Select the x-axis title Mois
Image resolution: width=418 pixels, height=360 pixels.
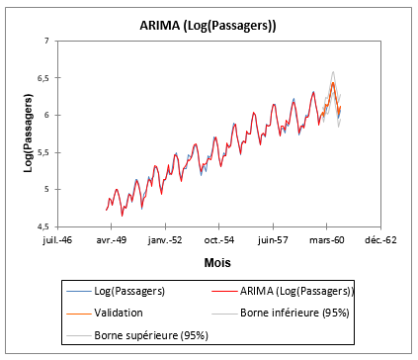[217, 263]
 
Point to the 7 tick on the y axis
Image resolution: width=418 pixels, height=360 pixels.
[46, 42]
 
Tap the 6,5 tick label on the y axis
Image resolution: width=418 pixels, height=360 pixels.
[42, 78]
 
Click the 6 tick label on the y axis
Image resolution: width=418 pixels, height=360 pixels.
[46, 115]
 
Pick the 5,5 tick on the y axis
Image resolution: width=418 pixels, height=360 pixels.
[42, 152]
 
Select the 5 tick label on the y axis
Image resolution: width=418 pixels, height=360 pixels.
[46, 189]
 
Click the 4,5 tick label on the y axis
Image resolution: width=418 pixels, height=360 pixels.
[42, 225]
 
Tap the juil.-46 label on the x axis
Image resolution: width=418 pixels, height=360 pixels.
[58, 238]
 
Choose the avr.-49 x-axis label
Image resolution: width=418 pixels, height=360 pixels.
[112, 238]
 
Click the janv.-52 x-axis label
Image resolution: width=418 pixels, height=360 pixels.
[164, 238]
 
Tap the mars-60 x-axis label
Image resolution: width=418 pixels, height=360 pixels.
[325, 238]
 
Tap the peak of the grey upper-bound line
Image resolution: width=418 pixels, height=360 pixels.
[333, 71]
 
